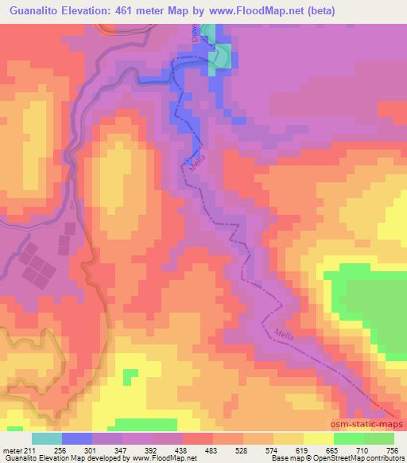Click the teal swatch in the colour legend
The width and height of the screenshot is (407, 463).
pos(47,439)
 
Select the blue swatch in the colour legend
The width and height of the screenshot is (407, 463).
pos(77,439)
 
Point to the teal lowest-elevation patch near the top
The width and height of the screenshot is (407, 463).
pos(223,56)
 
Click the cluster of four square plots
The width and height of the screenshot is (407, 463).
pos(34,265)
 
